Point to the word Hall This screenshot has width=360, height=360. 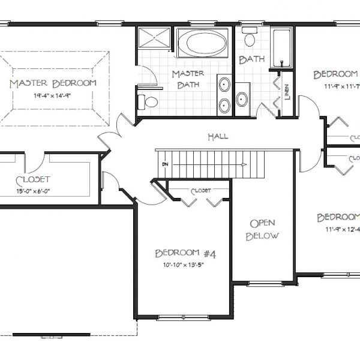[x=217, y=137]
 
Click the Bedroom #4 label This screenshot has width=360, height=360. [x=185, y=253]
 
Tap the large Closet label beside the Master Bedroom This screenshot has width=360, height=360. [x=33, y=179]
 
